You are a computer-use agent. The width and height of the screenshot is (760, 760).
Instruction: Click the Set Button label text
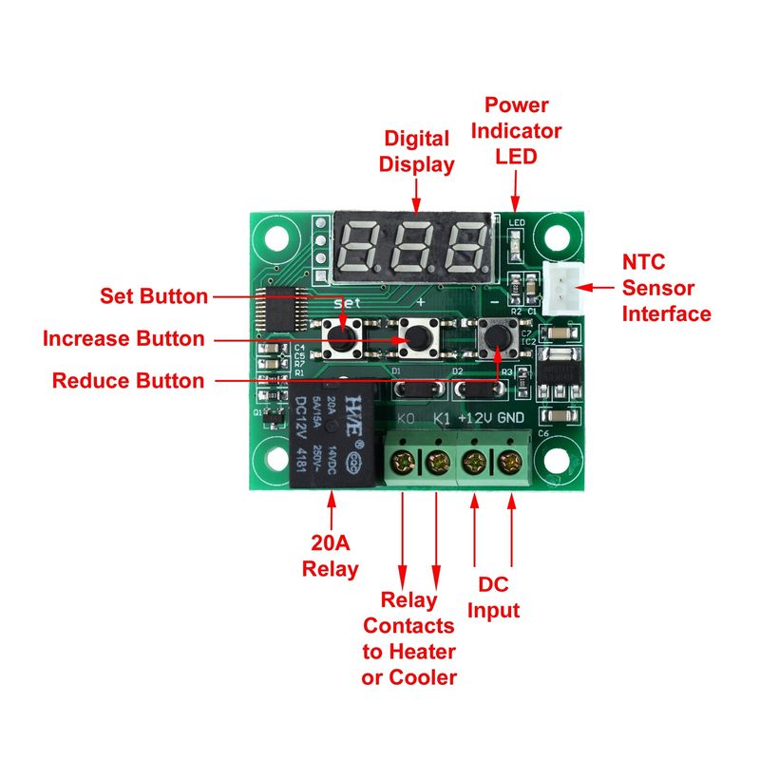pyautogui.click(x=154, y=296)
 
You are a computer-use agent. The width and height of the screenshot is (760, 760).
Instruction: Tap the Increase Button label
pyautogui.click(x=123, y=338)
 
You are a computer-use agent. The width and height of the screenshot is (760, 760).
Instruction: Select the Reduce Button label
pyautogui.click(x=128, y=381)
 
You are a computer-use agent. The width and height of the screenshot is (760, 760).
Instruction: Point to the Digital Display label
pyautogui.click(x=417, y=151)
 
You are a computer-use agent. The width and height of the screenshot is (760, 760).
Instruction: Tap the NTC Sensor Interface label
pyautogui.click(x=666, y=287)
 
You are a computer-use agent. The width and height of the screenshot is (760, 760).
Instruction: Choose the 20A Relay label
pyautogui.click(x=331, y=556)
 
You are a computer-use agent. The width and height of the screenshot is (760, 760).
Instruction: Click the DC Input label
pyautogui.click(x=494, y=598)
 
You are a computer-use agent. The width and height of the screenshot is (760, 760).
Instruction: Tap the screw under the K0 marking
pyautogui.click(x=404, y=464)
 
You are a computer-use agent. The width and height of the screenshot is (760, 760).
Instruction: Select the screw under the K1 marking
pyautogui.click(x=437, y=464)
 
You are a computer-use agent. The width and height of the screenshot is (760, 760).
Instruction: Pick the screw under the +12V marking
pyautogui.click(x=473, y=464)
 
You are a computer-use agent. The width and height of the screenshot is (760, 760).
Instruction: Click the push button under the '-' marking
pyautogui.click(x=497, y=334)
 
